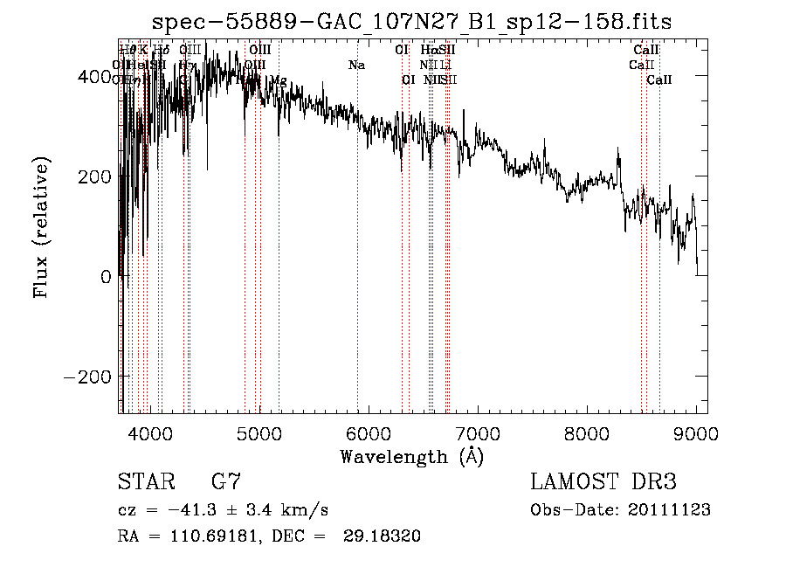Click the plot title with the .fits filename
[411, 22]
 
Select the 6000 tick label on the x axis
[368, 432]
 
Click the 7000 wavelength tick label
[478, 432]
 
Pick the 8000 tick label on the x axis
[587, 432]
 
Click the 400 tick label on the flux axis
[96, 77]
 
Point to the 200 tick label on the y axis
[96, 176]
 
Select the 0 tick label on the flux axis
[107, 277]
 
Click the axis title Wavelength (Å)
[411, 456]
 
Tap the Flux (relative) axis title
[42, 227]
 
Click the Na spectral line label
[356, 65]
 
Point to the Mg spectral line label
[278, 80]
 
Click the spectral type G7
[226, 482]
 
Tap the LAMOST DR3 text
[603, 482]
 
